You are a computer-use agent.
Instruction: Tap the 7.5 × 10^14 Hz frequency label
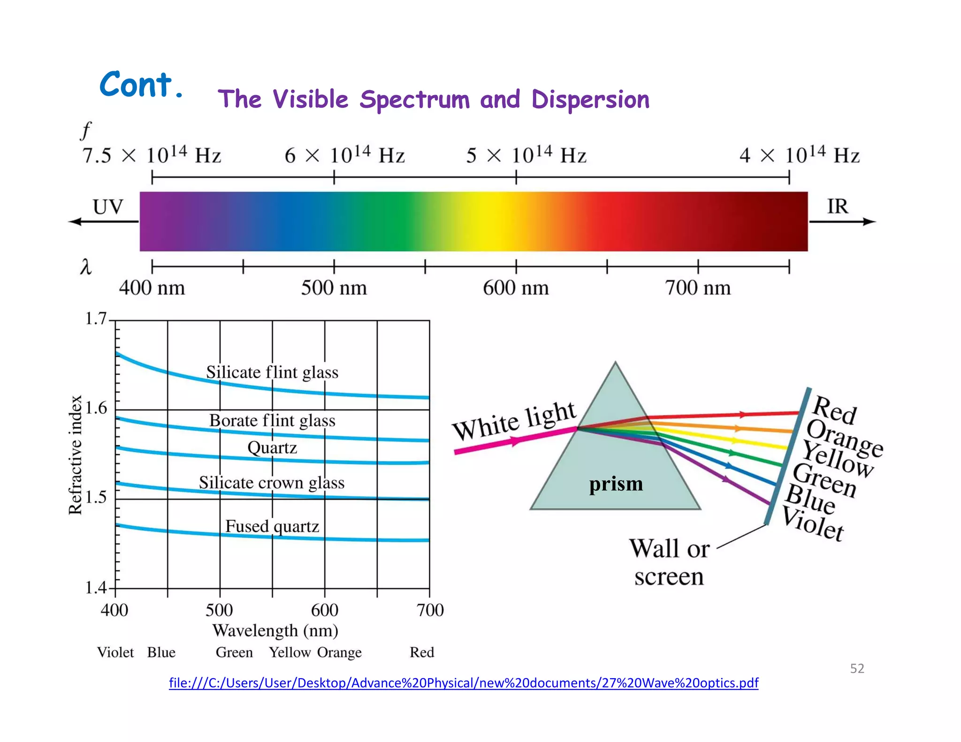click(x=152, y=155)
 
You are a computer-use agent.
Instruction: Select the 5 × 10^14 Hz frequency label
click(x=526, y=155)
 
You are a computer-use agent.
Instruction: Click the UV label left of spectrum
click(x=107, y=207)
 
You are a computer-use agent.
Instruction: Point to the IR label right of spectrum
click(x=837, y=206)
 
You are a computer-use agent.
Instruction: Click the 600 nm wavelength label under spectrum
click(x=516, y=288)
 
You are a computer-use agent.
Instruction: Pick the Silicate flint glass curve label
click(x=272, y=372)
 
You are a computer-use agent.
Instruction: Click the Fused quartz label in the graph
click(x=272, y=526)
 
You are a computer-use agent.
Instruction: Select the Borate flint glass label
click(x=272, y=421)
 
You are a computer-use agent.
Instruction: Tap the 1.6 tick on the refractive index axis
click(x=96, y=409)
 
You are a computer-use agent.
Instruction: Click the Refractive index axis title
click(x=75, y=455)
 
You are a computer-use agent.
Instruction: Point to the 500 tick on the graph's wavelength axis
click(x=219, y=610)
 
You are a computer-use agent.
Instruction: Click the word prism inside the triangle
click(x=616, y=484)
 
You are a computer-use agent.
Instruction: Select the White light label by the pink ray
click(x=514, y=421)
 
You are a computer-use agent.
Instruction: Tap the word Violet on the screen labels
click(x=813, y=524)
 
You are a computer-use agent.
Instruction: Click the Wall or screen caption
click(x=669, y=562)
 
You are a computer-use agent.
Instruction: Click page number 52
click(x=857, y=668)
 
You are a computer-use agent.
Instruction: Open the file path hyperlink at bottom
click(x=463, y=683)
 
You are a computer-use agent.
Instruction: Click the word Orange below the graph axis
click(x=339, y=652)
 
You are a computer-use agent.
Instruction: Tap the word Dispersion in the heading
click(x=590, y=99)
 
